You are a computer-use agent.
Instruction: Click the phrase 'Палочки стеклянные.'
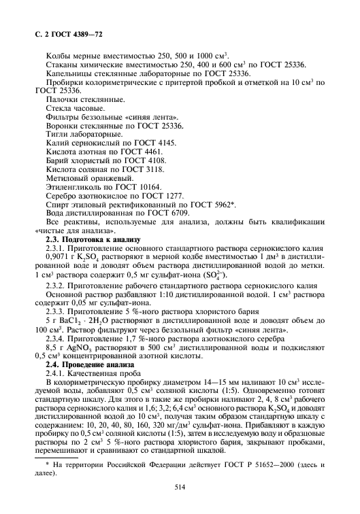(79, 99)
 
